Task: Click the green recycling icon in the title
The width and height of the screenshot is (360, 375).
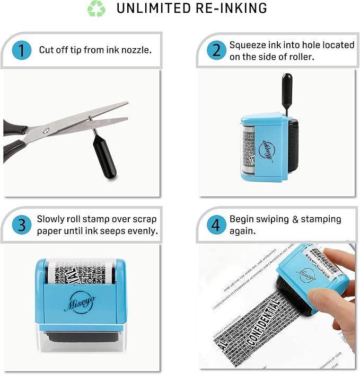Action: (x=96, y=9)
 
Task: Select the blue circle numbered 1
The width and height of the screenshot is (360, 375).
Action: (x=21, y=51)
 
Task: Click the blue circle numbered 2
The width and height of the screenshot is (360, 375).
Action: (x=216, y=51)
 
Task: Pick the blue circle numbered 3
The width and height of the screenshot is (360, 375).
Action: (x=21, y=225)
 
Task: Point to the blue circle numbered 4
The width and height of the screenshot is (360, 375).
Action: (x=216, y=225)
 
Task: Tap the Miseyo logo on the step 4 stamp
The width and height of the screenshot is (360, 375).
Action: (x=305, y=275)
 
